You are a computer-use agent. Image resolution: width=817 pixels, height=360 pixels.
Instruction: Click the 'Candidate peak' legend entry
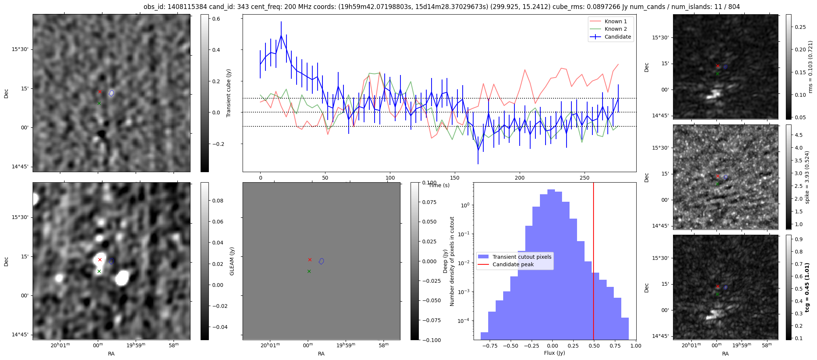[513, 264]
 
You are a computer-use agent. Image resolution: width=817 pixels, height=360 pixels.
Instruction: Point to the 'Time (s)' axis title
[439, 185]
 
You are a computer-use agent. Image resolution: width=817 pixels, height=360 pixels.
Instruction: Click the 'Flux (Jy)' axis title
[555, 353]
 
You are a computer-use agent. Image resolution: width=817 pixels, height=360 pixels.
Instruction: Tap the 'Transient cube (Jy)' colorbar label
[228, 93]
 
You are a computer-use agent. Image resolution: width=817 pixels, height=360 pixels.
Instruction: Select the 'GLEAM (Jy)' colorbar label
[232, 261]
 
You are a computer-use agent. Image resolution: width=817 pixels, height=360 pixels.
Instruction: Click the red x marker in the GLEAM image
[100, 259]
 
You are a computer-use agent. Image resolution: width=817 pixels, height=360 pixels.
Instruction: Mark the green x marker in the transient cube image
[99, 103]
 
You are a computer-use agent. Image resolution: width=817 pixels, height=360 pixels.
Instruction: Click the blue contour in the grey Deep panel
[321, 261]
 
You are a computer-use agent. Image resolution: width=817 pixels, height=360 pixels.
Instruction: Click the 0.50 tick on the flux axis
[594, 346]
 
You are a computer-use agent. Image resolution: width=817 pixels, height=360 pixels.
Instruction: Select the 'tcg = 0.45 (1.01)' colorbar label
[807, 287]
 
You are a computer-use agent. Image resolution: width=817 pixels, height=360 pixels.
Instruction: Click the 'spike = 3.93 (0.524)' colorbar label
[807, 177]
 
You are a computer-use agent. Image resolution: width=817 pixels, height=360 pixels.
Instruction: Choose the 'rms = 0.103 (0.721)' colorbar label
[810, 67]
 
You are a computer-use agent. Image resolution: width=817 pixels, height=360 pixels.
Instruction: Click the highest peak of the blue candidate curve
[281, 35]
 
